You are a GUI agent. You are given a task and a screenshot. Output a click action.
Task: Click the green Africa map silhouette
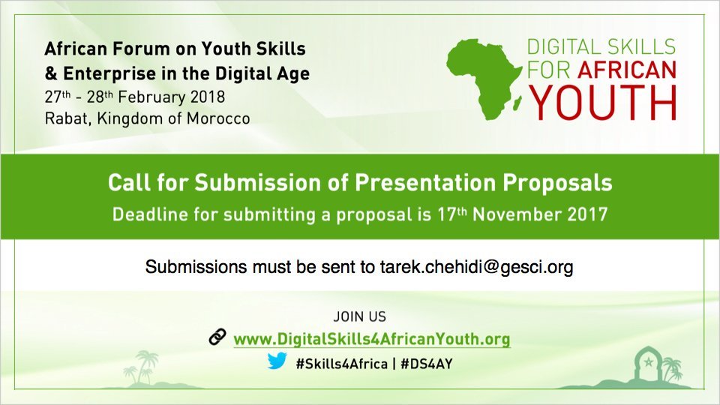(482, 76)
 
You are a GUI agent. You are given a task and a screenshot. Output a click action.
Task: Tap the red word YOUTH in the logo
(603, 103)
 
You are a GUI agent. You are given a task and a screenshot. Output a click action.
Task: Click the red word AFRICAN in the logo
(627, 70)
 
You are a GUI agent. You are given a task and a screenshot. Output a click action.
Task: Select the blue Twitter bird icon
(277, 361)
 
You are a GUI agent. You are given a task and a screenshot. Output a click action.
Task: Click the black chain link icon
(217, 337)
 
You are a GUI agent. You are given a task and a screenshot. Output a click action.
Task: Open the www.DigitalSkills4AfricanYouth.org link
(372, 339)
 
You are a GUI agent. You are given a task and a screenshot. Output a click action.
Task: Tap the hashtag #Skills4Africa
(342, 364)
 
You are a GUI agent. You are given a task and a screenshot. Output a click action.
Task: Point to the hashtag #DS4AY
(427, 364)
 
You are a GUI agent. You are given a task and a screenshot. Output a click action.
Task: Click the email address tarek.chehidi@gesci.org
(477, 267)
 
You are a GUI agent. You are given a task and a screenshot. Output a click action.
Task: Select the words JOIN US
(359, 316)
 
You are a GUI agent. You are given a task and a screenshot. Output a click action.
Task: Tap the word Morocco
(218, 118)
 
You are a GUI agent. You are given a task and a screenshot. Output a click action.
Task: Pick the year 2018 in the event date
(208, 97)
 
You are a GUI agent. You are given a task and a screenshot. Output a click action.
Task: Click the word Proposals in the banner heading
(557, 183)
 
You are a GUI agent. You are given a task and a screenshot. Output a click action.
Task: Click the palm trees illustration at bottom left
(143, 367)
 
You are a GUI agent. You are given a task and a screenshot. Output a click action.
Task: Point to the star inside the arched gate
(648, 362)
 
